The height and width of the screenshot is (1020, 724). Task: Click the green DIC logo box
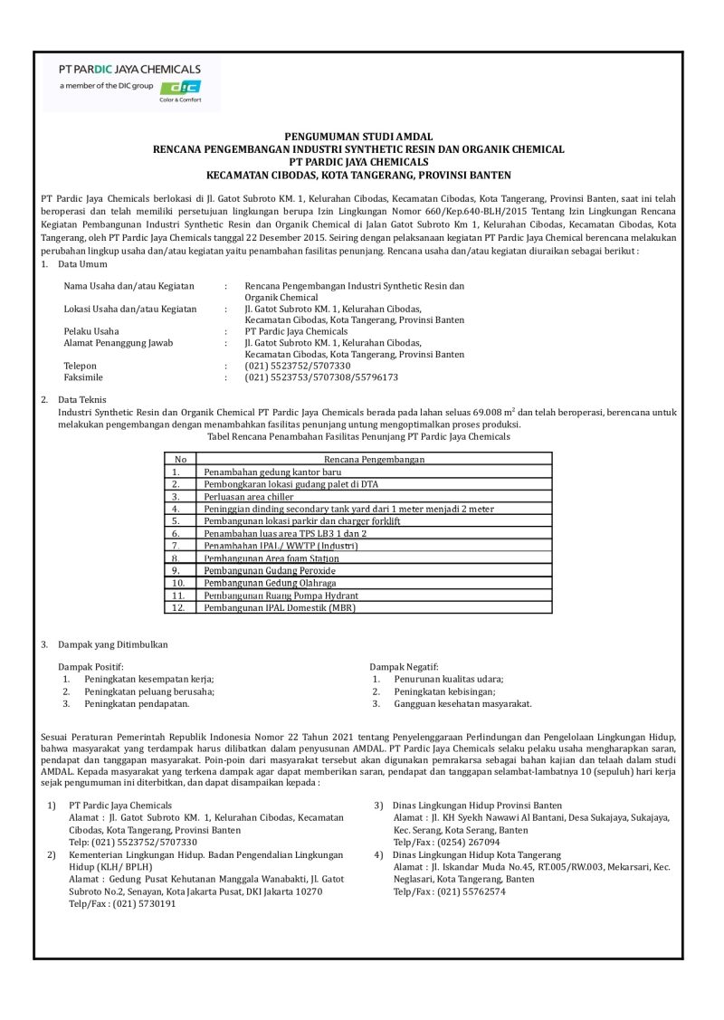pos(179,87)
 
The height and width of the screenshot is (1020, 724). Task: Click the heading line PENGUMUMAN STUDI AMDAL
pos(358,136)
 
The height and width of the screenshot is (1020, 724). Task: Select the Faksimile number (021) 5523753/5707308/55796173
pos(309,377)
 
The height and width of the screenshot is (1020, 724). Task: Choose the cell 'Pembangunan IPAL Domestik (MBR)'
pos(280,608)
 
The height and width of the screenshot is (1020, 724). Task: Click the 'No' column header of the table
pos(179,460)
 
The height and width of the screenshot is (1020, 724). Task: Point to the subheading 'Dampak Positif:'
pos(89,666)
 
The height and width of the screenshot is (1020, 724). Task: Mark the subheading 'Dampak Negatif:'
pos(401,666)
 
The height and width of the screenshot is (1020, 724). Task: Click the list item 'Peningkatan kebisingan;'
pos(441,691)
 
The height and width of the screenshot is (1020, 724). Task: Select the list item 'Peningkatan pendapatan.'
pos(137,703)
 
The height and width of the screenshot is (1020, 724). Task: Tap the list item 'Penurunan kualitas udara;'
pos(449,679)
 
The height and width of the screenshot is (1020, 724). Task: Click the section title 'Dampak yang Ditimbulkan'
pos(112,644)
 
